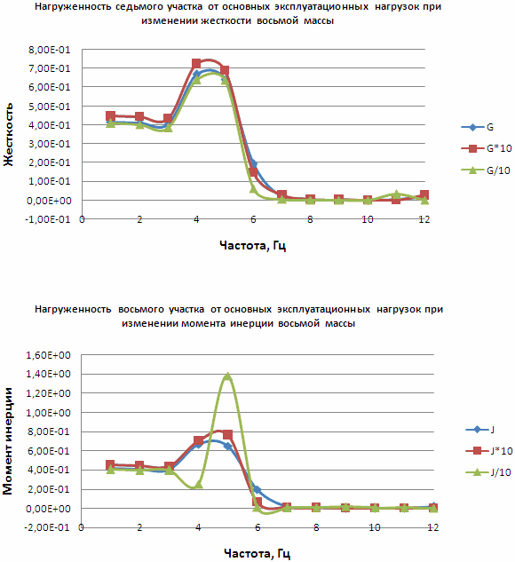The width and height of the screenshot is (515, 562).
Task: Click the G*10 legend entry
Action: point(487,148)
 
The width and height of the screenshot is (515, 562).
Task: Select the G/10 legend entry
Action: point(485,170)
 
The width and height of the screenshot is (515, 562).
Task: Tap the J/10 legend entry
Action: point(488,472)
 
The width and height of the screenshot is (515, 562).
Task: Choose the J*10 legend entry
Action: point(489,451)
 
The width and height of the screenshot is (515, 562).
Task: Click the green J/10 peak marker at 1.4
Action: point(227,376)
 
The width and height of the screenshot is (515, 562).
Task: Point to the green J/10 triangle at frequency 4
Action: point(198,485)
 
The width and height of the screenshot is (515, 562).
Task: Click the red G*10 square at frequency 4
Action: point(196,64)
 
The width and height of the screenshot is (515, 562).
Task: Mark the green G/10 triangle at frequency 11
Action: point(396,194)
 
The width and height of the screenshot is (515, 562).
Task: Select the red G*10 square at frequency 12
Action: point(424,195)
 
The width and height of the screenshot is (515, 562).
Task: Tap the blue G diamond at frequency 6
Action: point(253,163)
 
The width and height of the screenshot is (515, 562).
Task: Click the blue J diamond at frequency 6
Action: point(257,489)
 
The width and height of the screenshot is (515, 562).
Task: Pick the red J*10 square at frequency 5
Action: point(227,435)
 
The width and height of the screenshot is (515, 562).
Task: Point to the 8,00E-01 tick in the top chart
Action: point(50,50)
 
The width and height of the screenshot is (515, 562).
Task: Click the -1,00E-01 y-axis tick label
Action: point(48,219)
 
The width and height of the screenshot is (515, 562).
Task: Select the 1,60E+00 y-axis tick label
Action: point(48,355)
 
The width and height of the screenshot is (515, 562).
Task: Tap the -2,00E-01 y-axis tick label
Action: point(47,527)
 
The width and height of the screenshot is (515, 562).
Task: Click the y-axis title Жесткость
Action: point(8,134)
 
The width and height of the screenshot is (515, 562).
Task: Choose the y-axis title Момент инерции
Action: point(7,441)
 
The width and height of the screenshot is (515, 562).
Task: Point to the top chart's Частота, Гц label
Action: point(253,246)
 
